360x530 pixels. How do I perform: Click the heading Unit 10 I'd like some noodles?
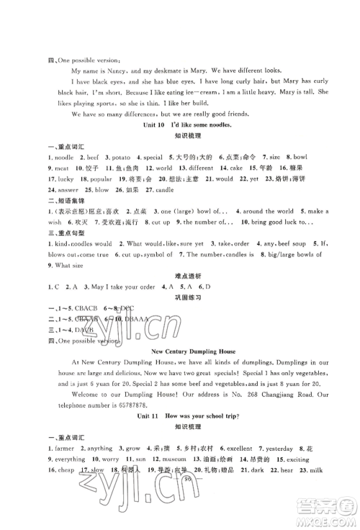pyautogui.click(x=179, y=127)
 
